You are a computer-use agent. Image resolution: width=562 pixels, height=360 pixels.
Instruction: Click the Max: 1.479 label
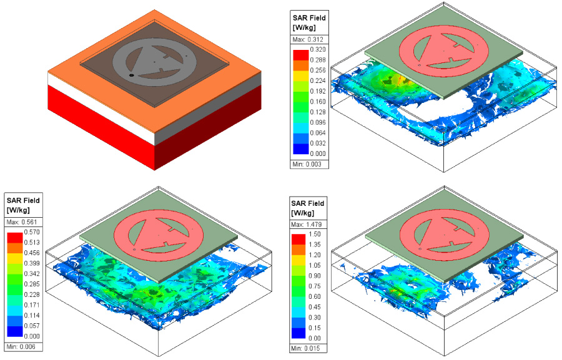coord(308,225)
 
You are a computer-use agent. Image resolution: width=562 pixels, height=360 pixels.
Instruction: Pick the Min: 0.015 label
coord(308,348)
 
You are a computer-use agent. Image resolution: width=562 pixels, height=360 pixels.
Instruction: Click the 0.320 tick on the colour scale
coord(318,49)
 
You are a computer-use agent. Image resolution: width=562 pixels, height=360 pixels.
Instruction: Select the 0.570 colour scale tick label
coord(32,232)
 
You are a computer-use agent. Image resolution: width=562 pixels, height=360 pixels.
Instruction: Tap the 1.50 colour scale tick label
coord(315,234)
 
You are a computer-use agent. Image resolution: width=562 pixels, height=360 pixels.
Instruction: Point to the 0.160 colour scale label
coord(318,101)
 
